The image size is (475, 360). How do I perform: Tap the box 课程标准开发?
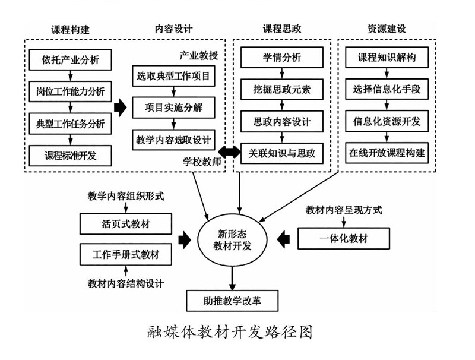pos(71,156)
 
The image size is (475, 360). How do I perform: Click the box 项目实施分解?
pos(173,108)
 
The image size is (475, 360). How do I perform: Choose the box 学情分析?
pos(282,58)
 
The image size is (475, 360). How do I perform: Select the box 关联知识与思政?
pos(282,154)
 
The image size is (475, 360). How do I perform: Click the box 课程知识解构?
pos(387,58)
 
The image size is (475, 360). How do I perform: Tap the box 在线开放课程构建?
pos(387,153)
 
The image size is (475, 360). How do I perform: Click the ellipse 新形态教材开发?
pos(232,239)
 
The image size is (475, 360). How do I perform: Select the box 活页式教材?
pos(126,225)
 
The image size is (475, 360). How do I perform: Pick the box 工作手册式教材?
pos(126,255)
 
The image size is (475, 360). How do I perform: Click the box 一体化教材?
pos(344,239)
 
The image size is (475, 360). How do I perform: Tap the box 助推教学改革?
pos(232,301)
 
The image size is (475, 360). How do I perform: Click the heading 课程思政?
pos(281,28)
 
